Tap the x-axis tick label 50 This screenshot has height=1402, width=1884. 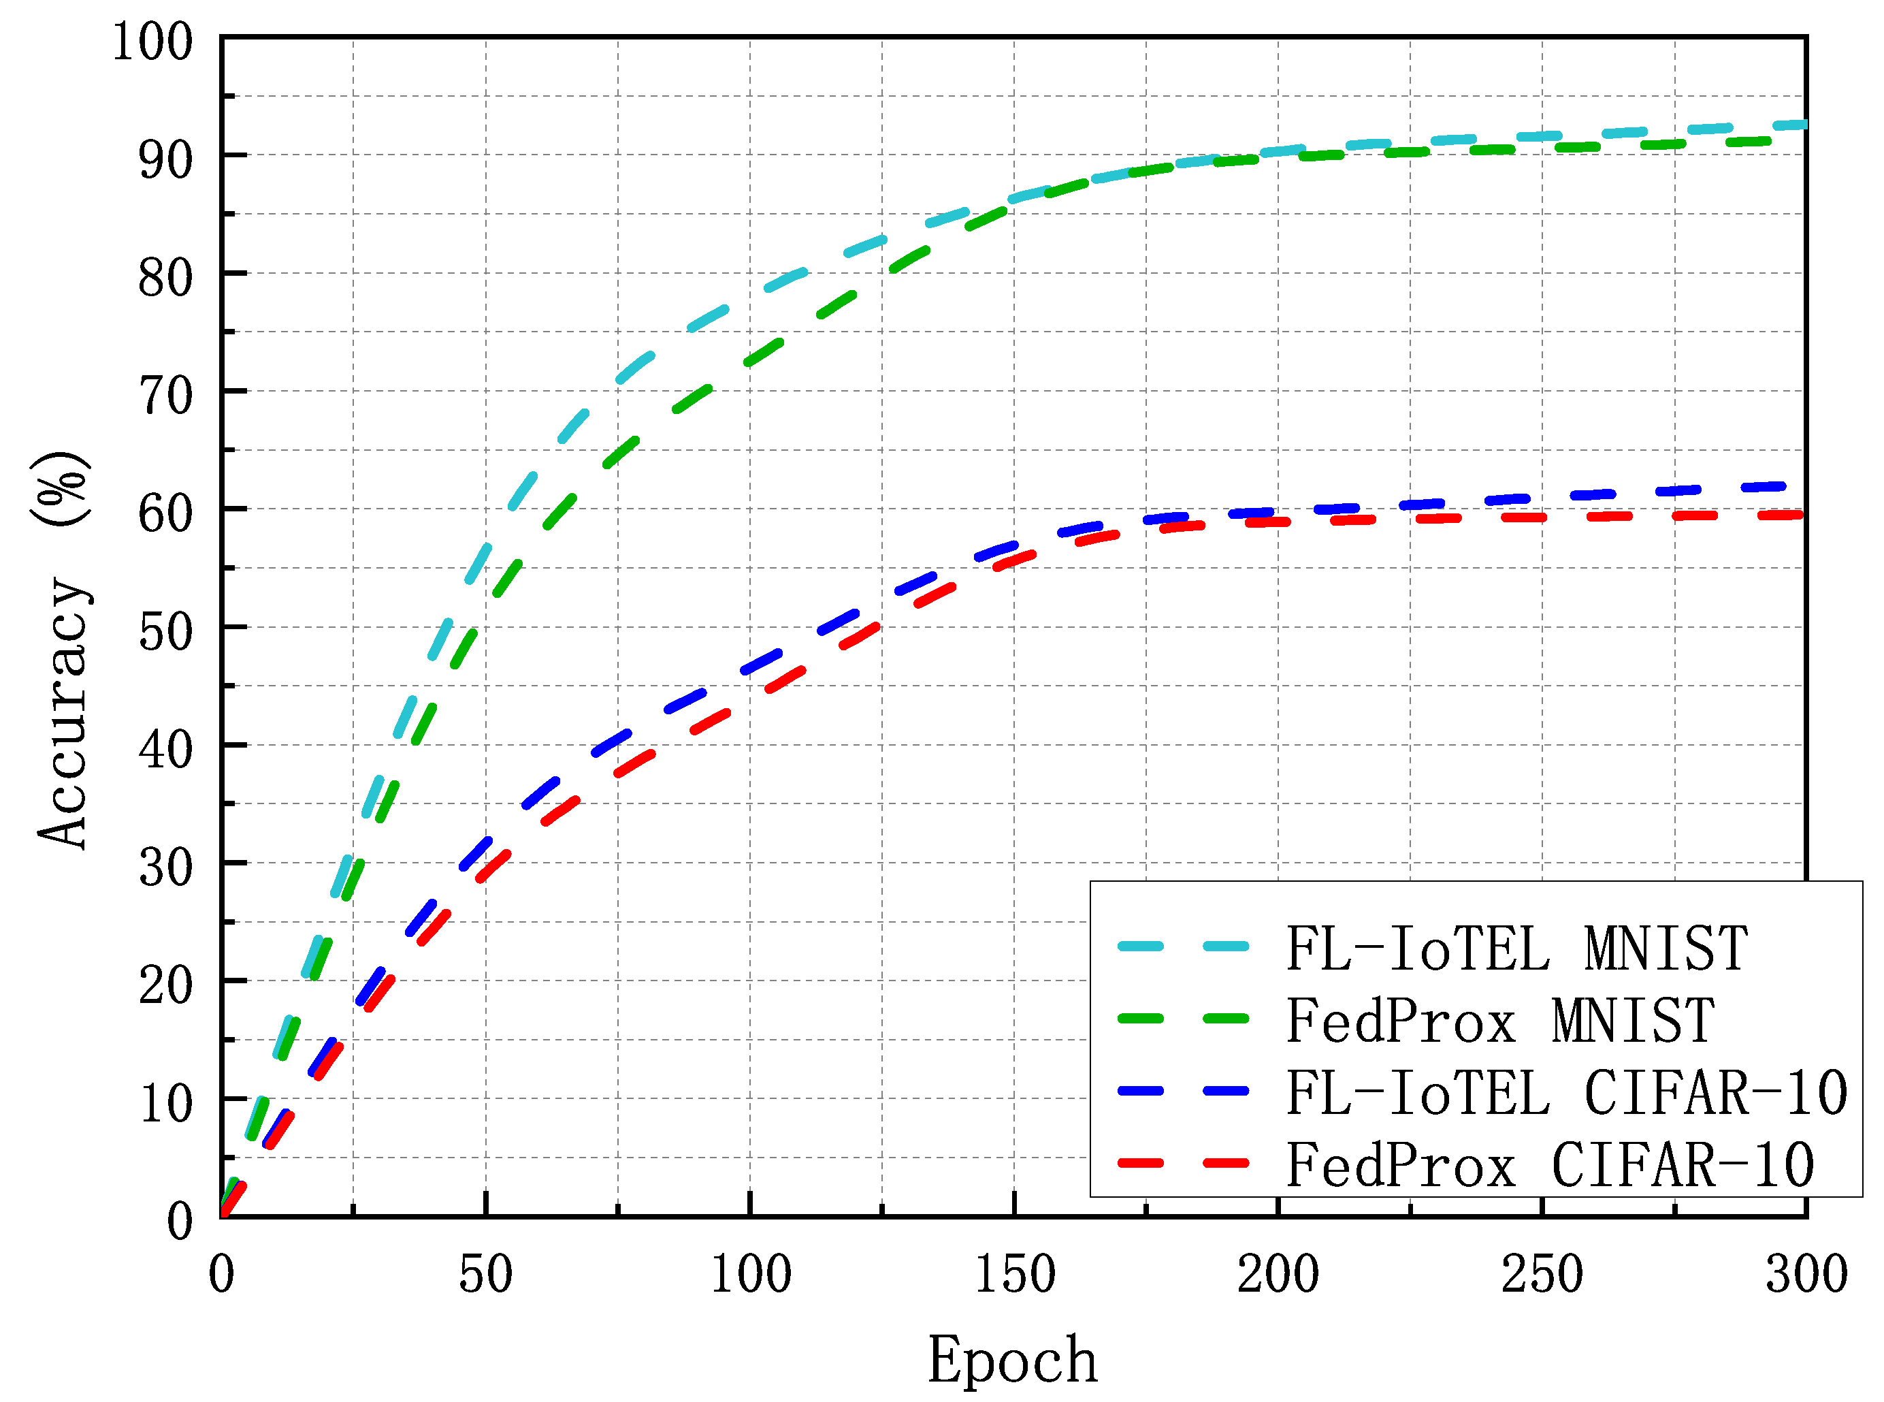[x=485, y=1275]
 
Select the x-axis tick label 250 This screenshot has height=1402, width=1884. [x=1542, y=1275]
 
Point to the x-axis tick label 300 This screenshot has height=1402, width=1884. [x=1806, y=1275]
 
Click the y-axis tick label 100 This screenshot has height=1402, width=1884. [x=152, y=42]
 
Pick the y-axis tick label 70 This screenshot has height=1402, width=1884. [x=165, y=396]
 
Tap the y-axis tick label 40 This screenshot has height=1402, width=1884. [x=165, y=750]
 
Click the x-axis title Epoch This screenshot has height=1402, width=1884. [x=1012, y=1360]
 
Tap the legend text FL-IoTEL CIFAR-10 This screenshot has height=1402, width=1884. [x=1566, y=1093]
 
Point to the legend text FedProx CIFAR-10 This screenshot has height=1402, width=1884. [x=1550, y=1165]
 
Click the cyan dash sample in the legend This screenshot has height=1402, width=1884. [x=1182, y=947]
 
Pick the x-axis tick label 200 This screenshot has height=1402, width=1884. [x=1278, y=1275]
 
